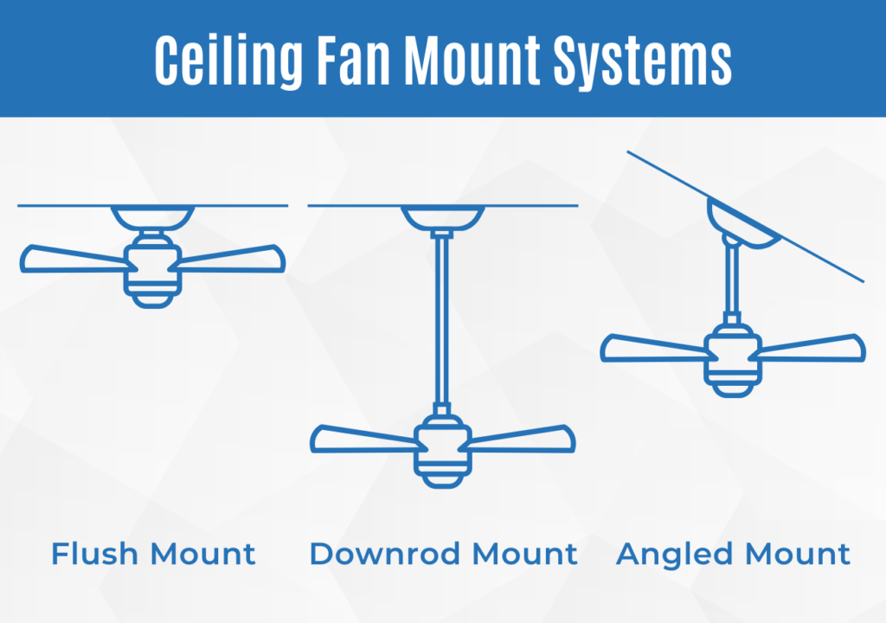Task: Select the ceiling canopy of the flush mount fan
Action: tap(153, 216)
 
